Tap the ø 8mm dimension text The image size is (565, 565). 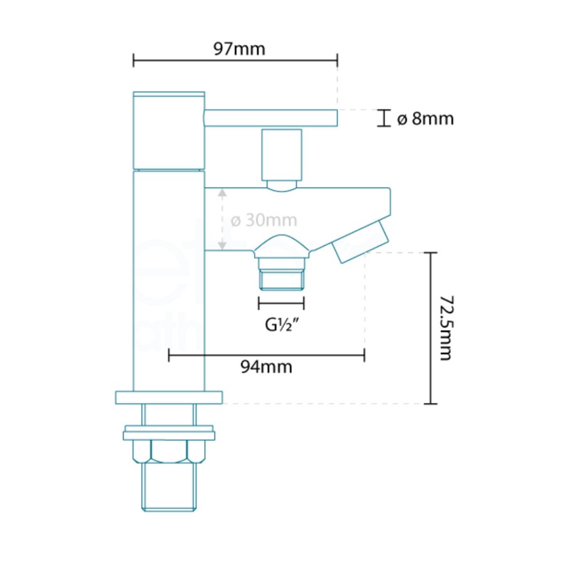pyautogui.click(x=425, y=118)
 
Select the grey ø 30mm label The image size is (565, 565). pyautogui.click(x=264, y=221)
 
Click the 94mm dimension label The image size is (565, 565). pyautogui.click(x=266, y=367)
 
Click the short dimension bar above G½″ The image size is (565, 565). pyautogui.click(x=281, y=303)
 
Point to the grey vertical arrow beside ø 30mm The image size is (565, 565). pyautogui.click(x=222, y=220)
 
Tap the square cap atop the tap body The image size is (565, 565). pyautogui.click(x=169, y=131)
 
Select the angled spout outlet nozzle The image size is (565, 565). pyautogui.click(x=360, y=241)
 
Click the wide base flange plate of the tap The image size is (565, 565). pyautogui.click(x=169, y=397)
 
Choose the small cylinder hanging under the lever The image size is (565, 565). pyautogui.click(x=281, y=155)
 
